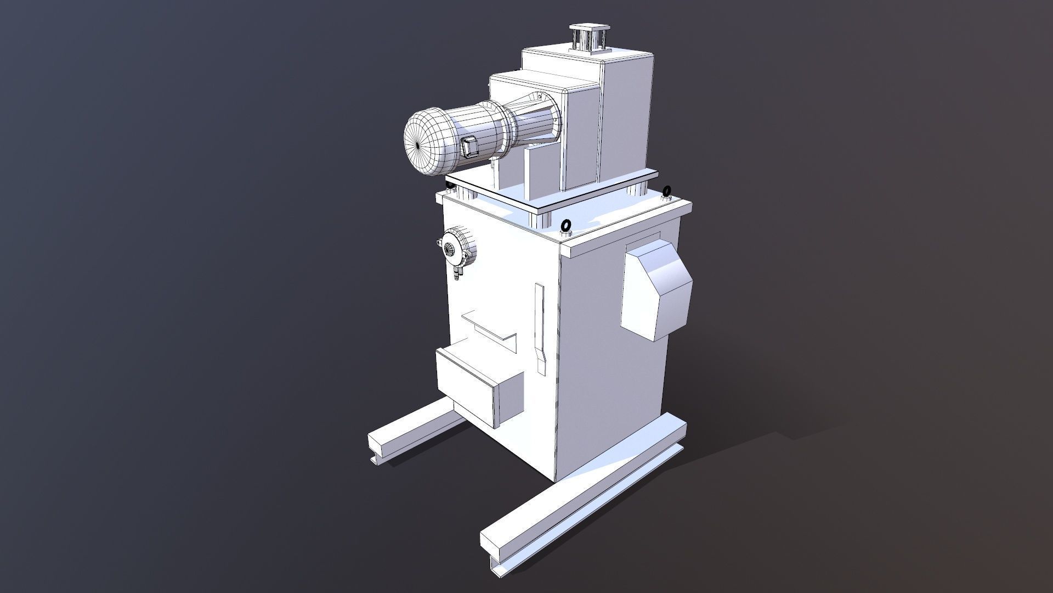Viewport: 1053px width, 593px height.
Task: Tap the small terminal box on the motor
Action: point(469,147)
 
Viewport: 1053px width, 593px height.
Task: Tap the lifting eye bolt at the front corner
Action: point(565,226)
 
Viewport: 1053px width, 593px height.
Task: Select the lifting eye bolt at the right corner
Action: point(667,192)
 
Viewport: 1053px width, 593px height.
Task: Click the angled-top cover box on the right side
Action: point(655,290)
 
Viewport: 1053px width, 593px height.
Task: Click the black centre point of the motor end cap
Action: point(418,146)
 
